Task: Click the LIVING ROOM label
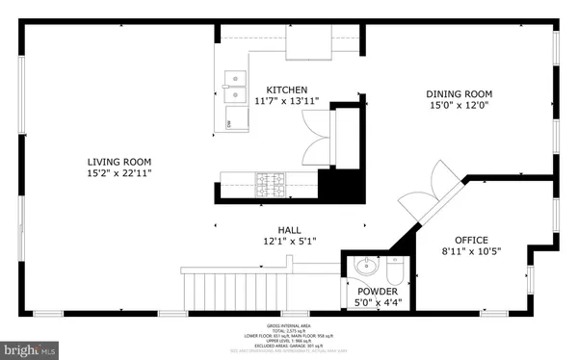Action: (119, 162)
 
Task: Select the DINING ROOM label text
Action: (460, 94)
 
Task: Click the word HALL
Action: (290, 231)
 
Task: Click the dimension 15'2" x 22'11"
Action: (119, 173)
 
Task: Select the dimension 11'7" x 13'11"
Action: (286, 101)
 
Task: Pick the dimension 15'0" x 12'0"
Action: (460, 106)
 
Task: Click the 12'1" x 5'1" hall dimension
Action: (290, 243)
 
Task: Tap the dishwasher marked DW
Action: (230, 122)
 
